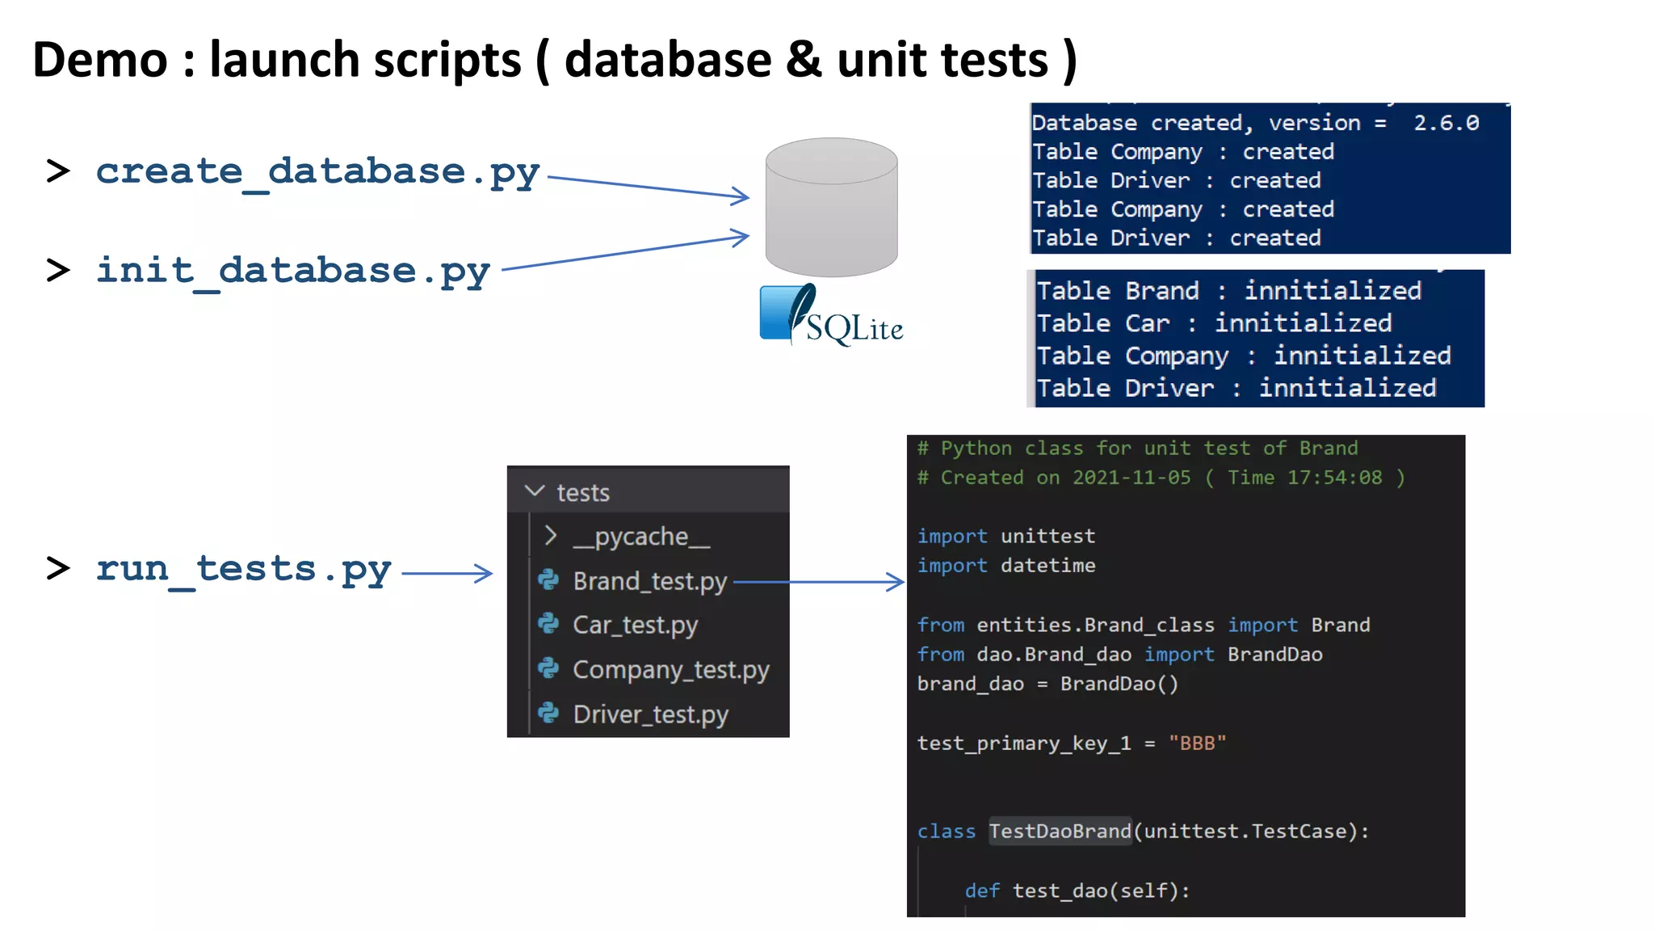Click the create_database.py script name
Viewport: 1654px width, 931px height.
[317, 172]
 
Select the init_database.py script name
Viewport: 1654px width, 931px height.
[293, 271]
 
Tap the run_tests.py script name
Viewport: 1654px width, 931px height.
[244, 569]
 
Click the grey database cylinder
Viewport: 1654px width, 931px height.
[831, 207]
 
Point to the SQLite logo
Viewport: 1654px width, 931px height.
[831, 316]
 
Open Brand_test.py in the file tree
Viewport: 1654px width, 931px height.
[649, 581]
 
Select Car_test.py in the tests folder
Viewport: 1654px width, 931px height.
[635, 625]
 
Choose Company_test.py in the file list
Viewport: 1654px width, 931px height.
[670, 670]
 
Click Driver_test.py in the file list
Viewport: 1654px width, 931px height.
[650, 714]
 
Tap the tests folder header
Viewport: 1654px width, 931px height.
[582, 492]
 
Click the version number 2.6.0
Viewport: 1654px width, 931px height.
[1446, 123]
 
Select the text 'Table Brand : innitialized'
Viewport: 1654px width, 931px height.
[1228, 291]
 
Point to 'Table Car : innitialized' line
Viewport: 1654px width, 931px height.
[1214, 323]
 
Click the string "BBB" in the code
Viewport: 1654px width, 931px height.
[1197, 744]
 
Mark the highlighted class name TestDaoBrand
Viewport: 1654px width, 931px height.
[1060, 831]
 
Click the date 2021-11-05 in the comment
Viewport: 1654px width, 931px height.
[1131, 478]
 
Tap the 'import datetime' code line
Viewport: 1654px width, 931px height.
[1006, 566]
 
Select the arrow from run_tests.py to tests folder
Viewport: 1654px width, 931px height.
[447, 573]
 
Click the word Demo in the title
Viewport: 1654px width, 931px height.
[100, 61]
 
